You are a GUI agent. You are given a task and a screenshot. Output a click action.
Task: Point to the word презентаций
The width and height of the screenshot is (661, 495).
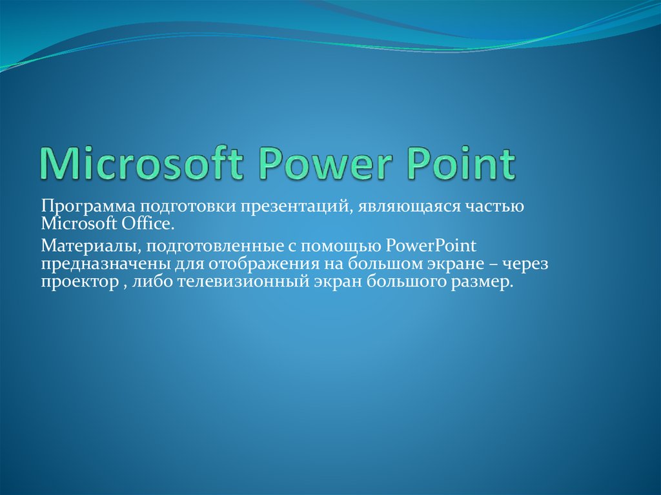(x=295, y=208)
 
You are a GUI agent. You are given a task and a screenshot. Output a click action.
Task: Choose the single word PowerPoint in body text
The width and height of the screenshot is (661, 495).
(x=431, y=246)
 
